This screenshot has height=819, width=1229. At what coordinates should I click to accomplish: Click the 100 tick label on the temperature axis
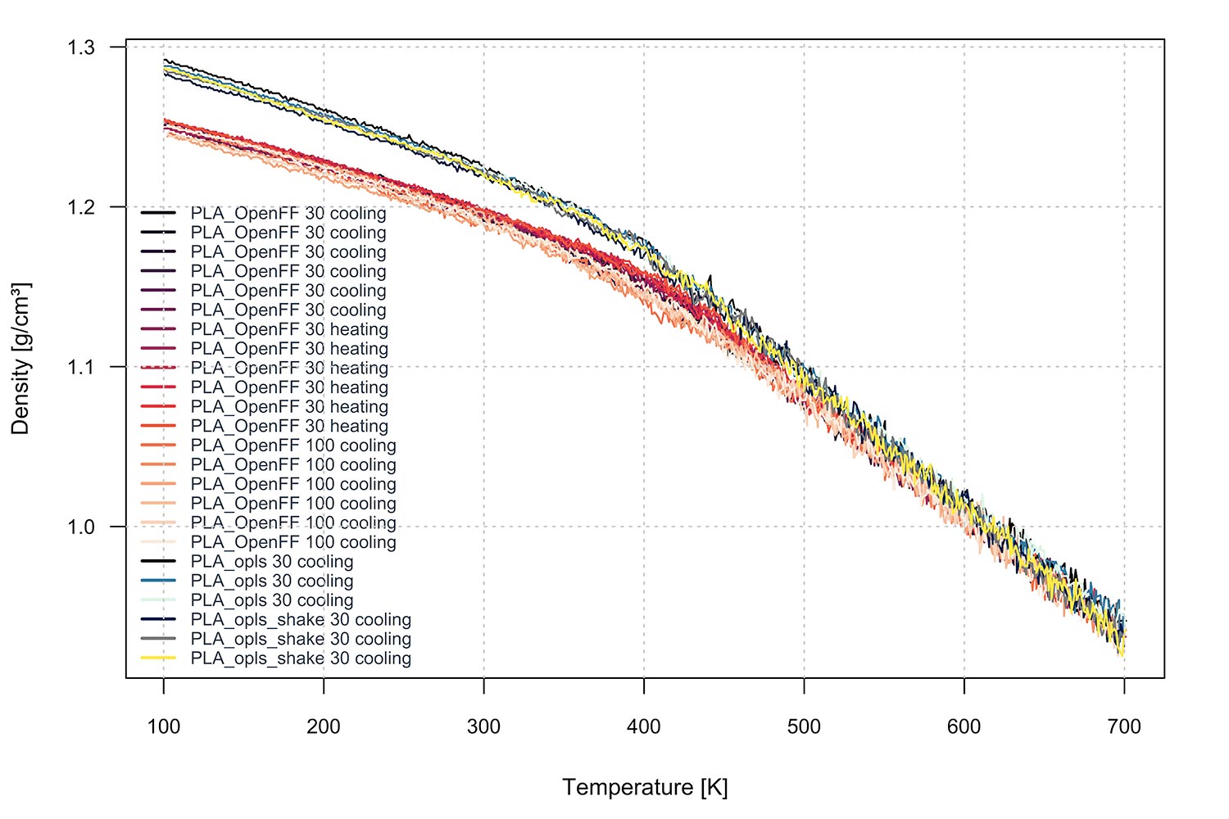pos(164,726)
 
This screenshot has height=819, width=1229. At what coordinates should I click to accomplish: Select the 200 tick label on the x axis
pos(324,726)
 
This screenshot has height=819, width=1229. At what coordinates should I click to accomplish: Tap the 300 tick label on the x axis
pos(483,726)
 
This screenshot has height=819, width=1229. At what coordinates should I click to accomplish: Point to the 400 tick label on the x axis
pos(644,726)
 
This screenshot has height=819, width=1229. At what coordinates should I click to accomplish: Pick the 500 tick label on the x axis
pos(804,726)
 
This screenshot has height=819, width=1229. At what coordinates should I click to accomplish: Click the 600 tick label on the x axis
pos(964,726)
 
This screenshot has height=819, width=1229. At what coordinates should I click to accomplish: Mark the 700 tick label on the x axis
pos(1124,726)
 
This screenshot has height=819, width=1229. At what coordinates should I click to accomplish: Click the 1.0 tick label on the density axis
pos(81,527)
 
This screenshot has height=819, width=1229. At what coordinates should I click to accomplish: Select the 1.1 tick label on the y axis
pos(81,367)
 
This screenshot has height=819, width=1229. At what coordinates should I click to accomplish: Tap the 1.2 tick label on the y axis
pos(81,207)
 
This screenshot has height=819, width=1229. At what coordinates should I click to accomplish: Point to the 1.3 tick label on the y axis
pos(81,48)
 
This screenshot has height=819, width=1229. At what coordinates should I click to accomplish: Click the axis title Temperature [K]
pos(645,788)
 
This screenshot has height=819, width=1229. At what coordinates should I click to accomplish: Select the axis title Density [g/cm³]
pos(21,359)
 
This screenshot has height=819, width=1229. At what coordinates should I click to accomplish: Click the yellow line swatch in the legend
pos(158,658)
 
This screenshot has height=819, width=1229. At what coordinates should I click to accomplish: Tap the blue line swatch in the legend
pos(158,581)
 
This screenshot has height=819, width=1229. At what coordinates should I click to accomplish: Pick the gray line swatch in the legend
pos(158,639)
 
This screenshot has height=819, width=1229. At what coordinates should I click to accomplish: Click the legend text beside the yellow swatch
pos(301,658)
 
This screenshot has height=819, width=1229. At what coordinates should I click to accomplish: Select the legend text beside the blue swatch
pos(272,581)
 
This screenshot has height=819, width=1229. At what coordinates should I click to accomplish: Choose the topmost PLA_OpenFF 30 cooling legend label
pos(288,214)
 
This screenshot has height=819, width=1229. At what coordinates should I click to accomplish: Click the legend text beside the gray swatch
pos(301,640)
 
